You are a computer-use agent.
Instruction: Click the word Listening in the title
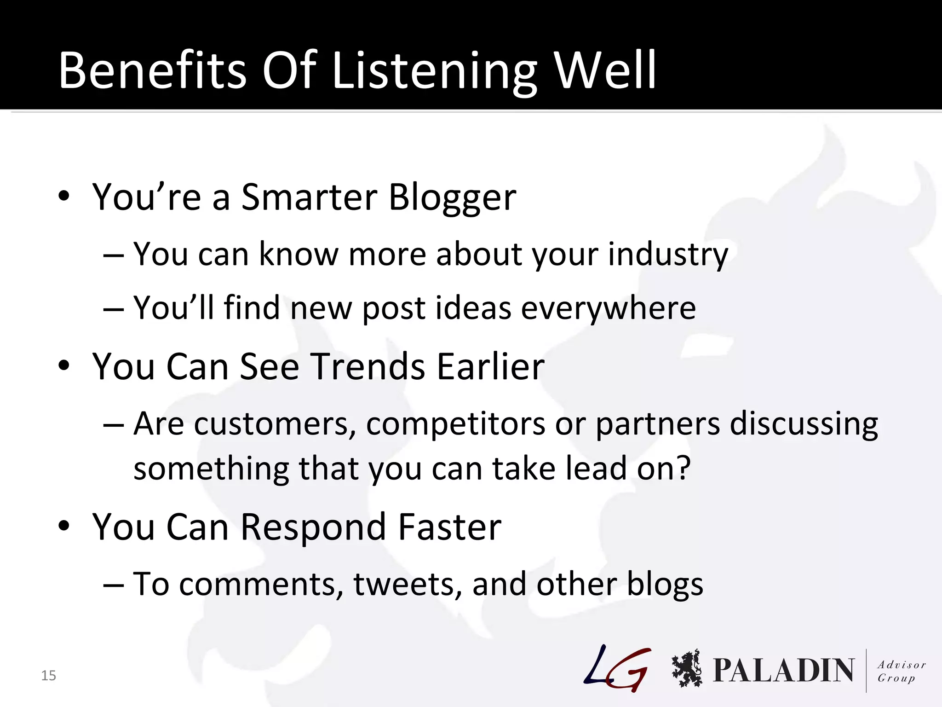pyautogui.click(x=434, y=71)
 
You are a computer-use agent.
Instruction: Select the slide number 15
pyautogui.click(x=48, y=675)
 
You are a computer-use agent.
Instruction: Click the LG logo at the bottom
pyautogui.click(x=618, y=668)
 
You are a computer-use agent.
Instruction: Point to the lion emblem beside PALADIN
pyautogui.click(x=687, y=668)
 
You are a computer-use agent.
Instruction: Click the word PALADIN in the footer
pyautogui.click(x=783, y=670)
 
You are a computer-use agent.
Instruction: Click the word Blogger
pyautogui.click(x=452, y=198)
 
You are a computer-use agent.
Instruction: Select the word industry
pyautogui.click(x=668, y=255)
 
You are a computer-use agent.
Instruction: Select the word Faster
pyautogui.click(x=449, y=527)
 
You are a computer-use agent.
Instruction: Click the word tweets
pyautogui.click(x=407, y=584)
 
